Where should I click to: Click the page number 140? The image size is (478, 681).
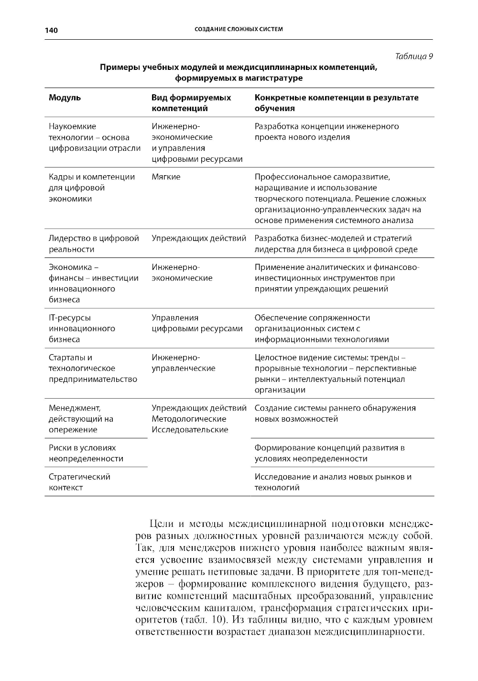click(x=51, y=30)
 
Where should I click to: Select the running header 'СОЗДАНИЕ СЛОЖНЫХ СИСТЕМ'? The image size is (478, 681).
click(x=239, y=29)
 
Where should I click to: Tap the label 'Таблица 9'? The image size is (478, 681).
click(x=414, y=56)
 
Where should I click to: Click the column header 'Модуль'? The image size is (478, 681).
click(x=65, y=98)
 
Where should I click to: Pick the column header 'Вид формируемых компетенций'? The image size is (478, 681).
click(x=191, y=103)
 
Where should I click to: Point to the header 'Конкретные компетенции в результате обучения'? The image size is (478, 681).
click(x=336, y=103)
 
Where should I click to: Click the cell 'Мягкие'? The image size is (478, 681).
click(x=166, y=177)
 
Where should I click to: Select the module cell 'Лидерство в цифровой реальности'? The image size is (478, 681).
click(x=94, y=244)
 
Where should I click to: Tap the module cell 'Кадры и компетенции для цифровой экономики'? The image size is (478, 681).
click(x=92, y=188)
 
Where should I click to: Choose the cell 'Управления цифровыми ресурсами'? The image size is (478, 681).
click(x=197, y=323)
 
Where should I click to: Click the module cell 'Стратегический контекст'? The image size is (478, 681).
click(x=79, y=482)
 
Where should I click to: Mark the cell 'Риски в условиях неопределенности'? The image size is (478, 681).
click(x=86, y=453)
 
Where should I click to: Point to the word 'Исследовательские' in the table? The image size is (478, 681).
click(x=190, y=430)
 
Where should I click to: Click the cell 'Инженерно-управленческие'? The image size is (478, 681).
click(x=184, y=363)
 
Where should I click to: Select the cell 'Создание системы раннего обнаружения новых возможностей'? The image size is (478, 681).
click(x=335, y=413)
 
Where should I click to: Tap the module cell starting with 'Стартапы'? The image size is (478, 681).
click(x=93, y=368)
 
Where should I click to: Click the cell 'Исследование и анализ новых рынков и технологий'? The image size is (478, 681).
click(x=333, y=482)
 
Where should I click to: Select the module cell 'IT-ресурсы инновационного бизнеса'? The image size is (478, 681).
click(x=82, y=328)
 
